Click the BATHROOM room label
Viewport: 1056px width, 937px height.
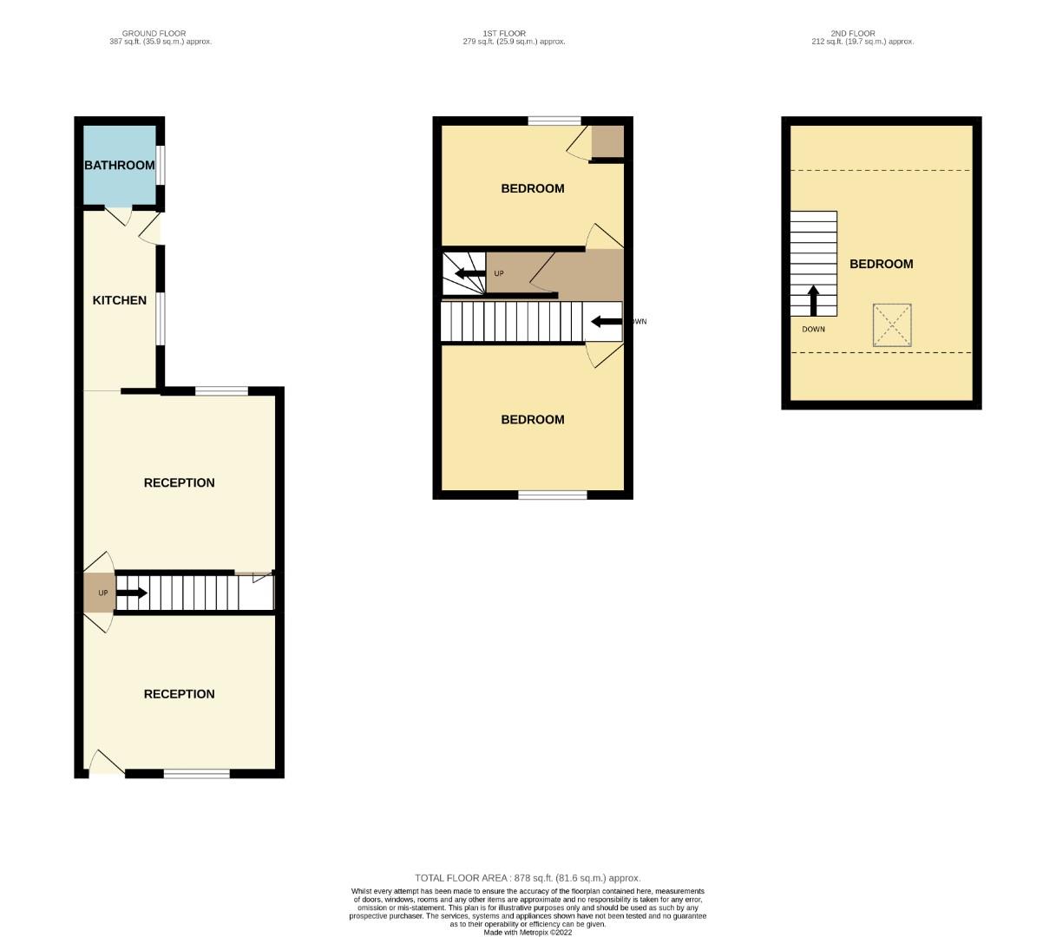click(119, 165)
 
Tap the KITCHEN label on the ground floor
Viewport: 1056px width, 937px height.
click(120, 300)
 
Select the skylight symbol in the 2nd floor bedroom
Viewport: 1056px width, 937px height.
click(891, 325)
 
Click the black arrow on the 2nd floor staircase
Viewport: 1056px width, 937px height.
click(813, 300)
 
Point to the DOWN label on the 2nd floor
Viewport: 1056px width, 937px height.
click(813, 330)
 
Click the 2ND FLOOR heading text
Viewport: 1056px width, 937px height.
click(853, 34)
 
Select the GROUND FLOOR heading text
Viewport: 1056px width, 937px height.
click(154, 34)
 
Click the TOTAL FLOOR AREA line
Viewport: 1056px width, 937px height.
click(528, 878)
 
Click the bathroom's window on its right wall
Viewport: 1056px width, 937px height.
click(161, 165)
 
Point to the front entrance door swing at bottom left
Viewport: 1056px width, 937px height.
click(105, 763)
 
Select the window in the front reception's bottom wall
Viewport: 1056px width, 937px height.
click(197, 773)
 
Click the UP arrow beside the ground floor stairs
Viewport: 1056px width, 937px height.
click(131, 593)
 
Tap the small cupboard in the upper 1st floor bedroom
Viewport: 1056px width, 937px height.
click(607, 141)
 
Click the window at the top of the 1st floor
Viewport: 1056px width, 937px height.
click(554, 121)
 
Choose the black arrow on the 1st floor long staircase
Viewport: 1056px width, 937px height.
click(606, 322)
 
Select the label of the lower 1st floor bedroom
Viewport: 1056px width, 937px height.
click(533, 420)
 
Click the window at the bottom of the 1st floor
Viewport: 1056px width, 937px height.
click(553, 495)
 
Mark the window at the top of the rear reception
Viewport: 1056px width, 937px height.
click(220, 391)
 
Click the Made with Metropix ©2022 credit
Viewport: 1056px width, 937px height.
click(528, 933)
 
